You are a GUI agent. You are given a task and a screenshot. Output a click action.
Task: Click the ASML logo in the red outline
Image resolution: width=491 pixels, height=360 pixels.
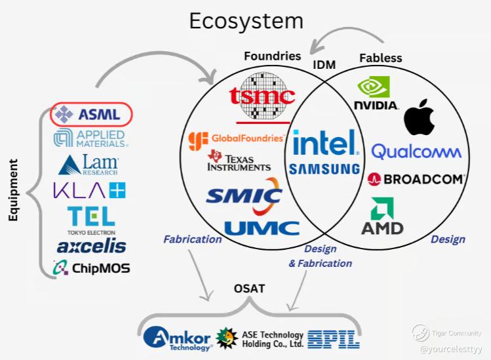91,114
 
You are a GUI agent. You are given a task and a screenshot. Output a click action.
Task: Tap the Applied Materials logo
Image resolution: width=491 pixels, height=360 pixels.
91,138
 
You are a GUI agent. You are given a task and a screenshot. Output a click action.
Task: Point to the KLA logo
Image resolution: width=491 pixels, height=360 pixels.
89,190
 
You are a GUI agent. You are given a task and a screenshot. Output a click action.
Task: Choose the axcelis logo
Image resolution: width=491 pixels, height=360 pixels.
91,246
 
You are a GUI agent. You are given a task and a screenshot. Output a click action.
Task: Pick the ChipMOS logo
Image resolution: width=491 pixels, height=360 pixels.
91,268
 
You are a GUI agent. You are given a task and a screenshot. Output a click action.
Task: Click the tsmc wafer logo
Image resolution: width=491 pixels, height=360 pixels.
262,97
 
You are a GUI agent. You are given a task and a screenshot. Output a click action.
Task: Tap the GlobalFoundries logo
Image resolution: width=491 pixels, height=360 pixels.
236,139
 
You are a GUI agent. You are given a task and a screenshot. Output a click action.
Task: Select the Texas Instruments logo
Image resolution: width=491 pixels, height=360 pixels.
239,161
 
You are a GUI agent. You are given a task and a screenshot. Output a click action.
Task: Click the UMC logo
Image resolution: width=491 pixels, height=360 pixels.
262,229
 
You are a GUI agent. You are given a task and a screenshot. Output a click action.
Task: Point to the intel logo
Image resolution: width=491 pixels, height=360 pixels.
324,143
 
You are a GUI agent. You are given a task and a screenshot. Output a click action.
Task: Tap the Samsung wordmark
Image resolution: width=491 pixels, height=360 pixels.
324,169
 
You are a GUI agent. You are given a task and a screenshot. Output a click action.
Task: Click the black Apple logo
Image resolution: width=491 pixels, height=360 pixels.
420,118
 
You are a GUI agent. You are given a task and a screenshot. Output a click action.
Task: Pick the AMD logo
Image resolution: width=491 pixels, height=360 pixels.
382,217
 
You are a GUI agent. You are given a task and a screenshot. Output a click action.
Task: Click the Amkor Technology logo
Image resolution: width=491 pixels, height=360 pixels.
177,338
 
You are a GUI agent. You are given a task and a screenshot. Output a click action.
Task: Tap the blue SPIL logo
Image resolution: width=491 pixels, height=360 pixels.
333,338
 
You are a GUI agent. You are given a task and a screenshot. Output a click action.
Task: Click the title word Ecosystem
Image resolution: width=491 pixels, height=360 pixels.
246,21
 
